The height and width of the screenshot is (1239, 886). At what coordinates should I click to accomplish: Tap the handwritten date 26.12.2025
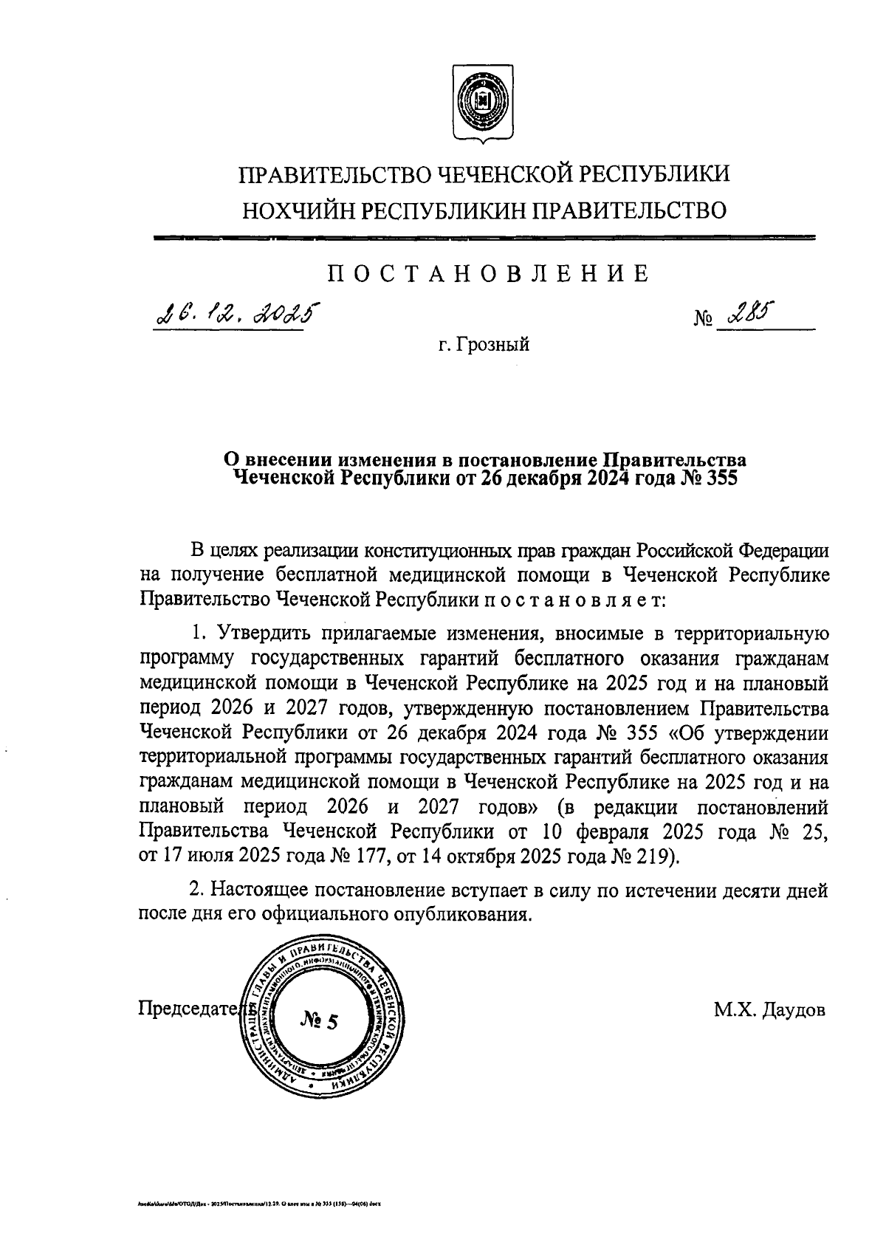pyautogui.click(x=232, y=318)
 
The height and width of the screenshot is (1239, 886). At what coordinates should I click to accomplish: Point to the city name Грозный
pyautogui.click(x=492, y=344)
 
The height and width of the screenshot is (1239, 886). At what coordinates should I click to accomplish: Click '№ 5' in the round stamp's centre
pyautogui.click(x=319, y=1021)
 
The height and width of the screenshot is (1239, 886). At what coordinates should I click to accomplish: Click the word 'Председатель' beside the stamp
pyautogui.click(x=193, y=1009)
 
